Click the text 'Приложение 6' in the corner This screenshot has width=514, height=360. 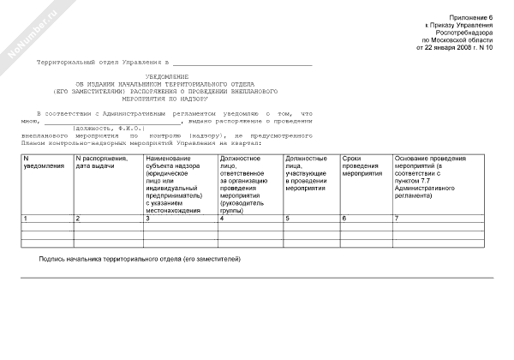[x=473, y=18]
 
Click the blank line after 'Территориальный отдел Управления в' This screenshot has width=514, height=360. [x=243, y=64]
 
